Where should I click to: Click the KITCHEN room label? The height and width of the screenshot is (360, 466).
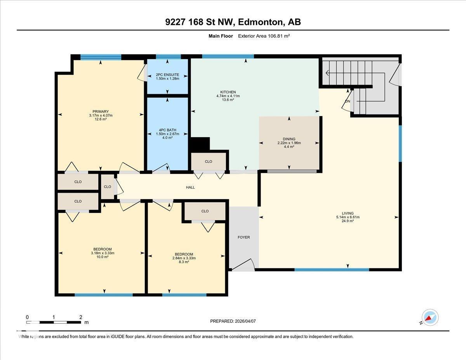(228, 92)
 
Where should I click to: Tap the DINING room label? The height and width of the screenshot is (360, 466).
(289, 139)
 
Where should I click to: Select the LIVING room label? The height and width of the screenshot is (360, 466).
(348, 213)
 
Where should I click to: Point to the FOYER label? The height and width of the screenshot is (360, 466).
(244, 237)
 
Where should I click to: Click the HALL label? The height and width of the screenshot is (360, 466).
(190, 187)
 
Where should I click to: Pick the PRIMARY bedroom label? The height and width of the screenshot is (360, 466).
(101, 111)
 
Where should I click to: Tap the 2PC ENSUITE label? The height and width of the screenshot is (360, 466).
(167, 75)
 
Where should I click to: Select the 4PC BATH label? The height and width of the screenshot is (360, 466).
(167, 130)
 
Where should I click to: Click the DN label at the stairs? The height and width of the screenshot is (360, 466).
(348, 101)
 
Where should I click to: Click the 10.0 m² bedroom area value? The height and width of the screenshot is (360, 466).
(103, 257)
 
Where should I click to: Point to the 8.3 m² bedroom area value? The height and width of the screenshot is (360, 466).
(184, 262)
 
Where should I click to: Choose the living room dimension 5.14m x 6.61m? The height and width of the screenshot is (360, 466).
(348, 217)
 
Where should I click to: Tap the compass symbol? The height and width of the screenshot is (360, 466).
(429, 318)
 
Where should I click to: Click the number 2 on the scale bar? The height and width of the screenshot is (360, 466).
(81, 317)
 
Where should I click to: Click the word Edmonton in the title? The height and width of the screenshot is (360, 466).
(260, 22)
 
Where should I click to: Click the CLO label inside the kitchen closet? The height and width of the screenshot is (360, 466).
(209, 162)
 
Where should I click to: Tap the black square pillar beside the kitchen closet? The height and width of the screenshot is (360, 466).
(198, 144)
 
